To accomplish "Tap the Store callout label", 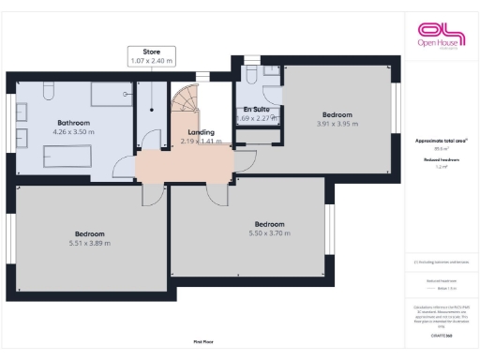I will pos(152,55).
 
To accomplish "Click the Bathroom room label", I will pos(74,123).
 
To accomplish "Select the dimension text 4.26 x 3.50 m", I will pos(74,133).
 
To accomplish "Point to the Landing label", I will pos(201,132).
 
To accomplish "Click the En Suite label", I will pos(254,110).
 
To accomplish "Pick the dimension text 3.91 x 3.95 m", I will pos(337,124).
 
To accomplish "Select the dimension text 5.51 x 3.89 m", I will pos(90,243).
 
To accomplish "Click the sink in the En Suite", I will pos(270,72).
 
